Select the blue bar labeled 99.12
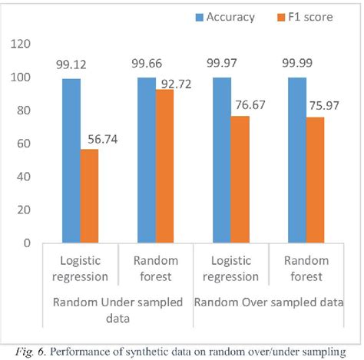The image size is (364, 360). (x=71, y=160)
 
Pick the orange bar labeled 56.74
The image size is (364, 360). (x=91, y=196)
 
